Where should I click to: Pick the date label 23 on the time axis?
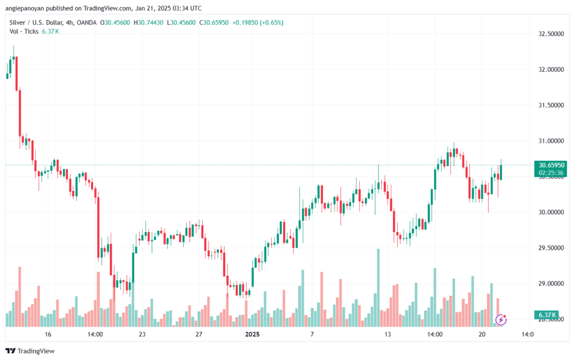pyautogui.click(x=142, y=334)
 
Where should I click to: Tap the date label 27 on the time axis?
pyautogui.click(x=199, y=334)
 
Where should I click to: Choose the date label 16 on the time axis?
pyautogui.click(x=48, y=334)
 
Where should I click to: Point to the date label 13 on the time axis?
pyautogui.click(x=387, y=334)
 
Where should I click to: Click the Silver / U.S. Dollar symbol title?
pyautogui.click(x=36, y=22)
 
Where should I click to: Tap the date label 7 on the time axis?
pyautogui.click(x=312, y=334)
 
